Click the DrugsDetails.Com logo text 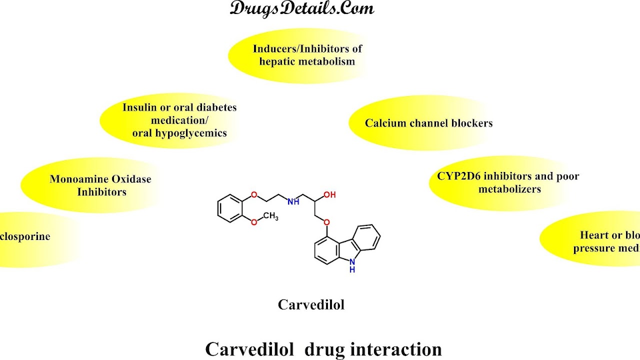click(x=301, y=8)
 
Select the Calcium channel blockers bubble click(x=428, y=123)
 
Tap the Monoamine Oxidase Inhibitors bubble click(x=100, y=185)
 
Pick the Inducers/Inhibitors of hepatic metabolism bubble click(x=307, y=55)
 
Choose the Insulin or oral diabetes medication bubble click(x=179, y=120)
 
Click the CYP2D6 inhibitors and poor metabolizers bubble click(x=507, y=182)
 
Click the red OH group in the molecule click(x=329, y=194)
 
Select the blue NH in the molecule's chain click(x=293, y=201)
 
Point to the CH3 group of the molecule click(x=270, y=216)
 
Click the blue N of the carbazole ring click(x=352, y=261)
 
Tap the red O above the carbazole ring click(x=327, y=222)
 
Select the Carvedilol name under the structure click(x=311, y=304)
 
